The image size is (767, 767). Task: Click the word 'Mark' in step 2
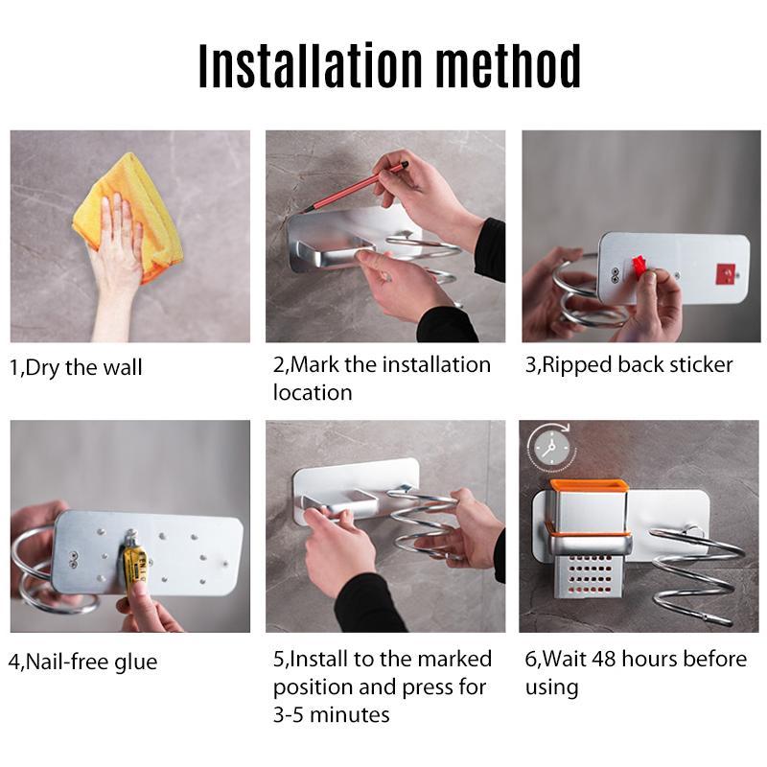click(316, 364)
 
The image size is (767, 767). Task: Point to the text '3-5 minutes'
click(331, 714)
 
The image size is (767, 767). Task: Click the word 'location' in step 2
click(313, 392)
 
